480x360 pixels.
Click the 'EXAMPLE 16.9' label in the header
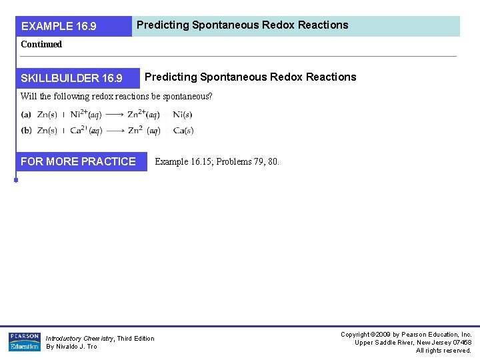59,27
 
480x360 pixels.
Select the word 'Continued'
41,45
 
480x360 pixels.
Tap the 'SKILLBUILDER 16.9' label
72,79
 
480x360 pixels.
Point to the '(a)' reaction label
26,115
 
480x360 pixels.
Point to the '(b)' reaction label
26,130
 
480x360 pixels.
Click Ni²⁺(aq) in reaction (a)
86,115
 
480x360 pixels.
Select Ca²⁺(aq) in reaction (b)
86,130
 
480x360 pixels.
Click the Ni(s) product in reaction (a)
183,115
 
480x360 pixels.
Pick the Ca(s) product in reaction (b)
183,131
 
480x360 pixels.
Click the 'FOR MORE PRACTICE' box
78,162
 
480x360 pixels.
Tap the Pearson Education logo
24,341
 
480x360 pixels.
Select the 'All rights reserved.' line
443,351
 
